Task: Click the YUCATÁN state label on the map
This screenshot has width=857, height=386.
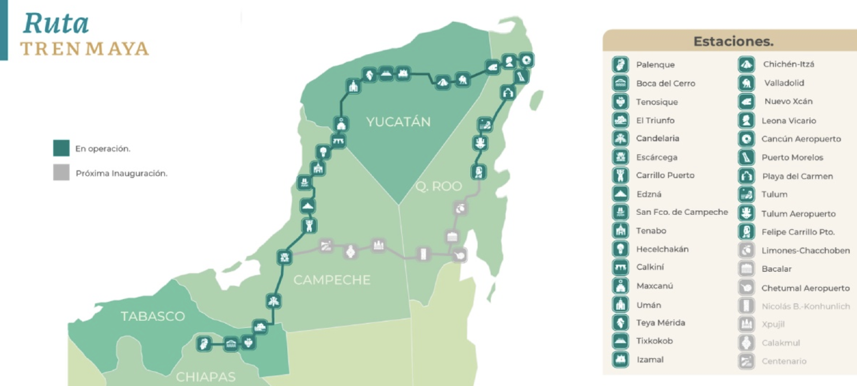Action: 399,122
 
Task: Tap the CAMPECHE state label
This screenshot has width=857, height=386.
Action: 332,281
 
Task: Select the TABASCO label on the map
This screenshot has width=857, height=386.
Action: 153,316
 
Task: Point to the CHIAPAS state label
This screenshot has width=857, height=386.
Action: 206,377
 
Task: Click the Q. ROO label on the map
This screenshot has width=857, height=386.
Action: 439,187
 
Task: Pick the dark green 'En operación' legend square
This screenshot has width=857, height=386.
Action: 61,148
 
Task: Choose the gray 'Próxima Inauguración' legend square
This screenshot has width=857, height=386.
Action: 61,172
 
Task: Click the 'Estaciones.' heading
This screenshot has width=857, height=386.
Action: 733,41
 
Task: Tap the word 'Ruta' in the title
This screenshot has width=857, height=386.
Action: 56,24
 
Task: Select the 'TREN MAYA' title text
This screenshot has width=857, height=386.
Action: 85,49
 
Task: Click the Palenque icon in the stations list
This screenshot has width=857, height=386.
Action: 620,65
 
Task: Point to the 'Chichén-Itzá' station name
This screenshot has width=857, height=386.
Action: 788,65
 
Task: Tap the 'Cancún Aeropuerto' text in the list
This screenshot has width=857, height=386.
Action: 801,139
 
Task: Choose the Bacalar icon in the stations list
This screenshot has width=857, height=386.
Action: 746,268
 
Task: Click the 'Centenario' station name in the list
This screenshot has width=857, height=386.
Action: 784,361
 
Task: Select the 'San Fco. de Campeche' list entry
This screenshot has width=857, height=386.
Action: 682,212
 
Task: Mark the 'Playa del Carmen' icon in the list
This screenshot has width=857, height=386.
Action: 746,176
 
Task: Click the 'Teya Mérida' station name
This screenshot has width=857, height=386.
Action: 660,323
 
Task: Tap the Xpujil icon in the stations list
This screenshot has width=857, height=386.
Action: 746,324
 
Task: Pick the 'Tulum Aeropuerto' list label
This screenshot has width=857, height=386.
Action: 798,214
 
